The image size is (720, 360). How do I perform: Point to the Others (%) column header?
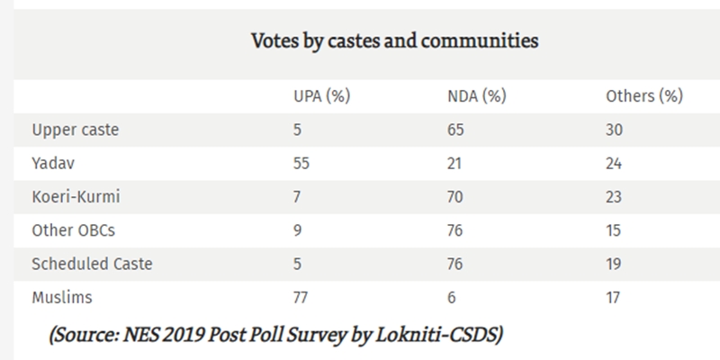[x=644, y=95]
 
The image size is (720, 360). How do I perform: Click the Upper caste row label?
[x=75, y=130]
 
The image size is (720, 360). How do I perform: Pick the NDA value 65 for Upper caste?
[x=455, y=130]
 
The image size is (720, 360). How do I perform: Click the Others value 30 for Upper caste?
[x=616, y=130]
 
